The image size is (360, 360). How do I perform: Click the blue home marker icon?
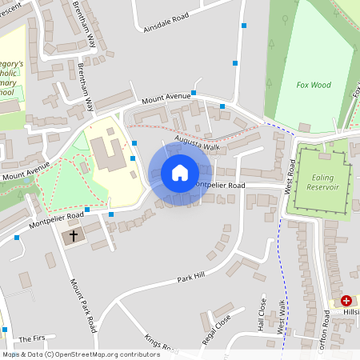pyautogui.click(x=180, y=172)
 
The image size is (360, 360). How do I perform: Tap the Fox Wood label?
pyautogui.click(x=314, y=85)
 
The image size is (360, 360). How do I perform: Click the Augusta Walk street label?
pyautogui.click(x=202, y=146)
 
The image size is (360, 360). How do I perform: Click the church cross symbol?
pyautogui.click(x=74, y=236)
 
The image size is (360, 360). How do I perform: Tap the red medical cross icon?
pyautogui.click(x=346, y=301)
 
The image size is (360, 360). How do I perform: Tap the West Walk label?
pyautogui.click(x=281, y=317)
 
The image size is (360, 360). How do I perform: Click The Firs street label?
pyautogui.click(x=34, y=339)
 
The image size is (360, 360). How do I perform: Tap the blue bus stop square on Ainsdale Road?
pyautogui.click(x=243, y=26)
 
